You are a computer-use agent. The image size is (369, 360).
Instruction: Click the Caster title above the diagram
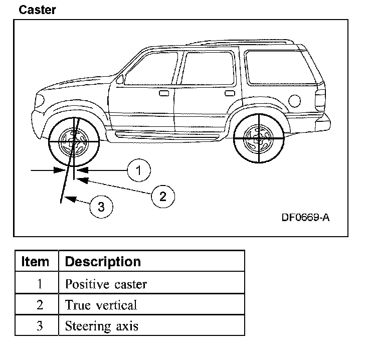[37, 10]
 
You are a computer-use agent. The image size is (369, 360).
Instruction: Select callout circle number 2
[162, 196]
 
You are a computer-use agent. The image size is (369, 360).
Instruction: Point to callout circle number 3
[101, 207]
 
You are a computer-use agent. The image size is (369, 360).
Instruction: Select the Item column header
[36, 261]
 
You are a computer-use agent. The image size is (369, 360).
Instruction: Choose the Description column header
[103, 261]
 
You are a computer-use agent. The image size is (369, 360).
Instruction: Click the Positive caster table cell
[106, 284]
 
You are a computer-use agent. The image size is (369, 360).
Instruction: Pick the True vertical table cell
[101, 305]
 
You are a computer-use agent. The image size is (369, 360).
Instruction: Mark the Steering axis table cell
[101, 326]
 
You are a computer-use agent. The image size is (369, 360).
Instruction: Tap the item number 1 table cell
[40, 284]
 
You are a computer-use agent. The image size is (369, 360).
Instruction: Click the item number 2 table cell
[40, 305]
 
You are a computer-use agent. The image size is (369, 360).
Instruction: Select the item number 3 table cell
[40, 326]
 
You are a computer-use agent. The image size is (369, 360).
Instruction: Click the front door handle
[164, 93]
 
